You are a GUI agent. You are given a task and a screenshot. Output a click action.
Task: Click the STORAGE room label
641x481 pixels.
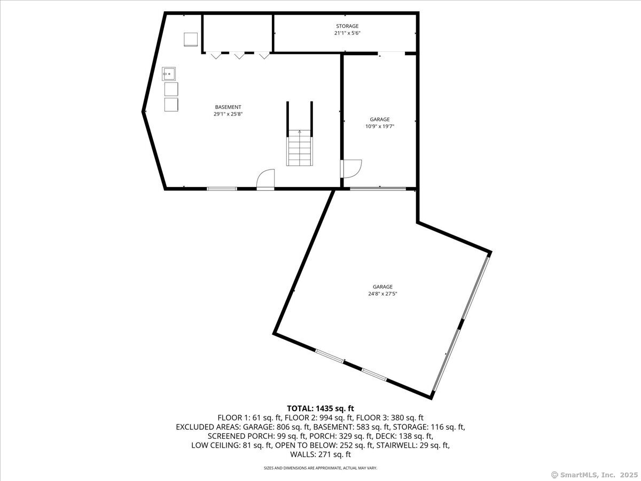(347, 26)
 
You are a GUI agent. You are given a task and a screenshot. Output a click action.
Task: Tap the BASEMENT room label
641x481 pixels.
(228, 107)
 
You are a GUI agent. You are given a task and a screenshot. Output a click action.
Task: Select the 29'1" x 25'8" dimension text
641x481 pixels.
(228, 114)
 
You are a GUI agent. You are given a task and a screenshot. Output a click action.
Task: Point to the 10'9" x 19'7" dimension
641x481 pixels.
(380, 127)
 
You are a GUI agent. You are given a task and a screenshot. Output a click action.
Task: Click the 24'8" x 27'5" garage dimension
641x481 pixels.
(382, 294)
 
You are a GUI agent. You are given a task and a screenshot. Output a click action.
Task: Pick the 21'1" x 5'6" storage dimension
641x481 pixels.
(347, 33)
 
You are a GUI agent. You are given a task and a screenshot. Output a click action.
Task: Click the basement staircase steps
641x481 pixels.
(300, 152)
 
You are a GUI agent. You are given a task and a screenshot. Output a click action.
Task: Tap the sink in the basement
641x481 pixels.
(169, 74)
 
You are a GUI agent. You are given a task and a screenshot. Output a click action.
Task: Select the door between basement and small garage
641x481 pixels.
(351, 168)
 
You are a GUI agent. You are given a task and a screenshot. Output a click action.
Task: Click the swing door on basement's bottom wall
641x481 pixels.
(265, 180)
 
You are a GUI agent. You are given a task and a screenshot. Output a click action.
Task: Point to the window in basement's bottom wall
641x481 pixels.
(222, 189)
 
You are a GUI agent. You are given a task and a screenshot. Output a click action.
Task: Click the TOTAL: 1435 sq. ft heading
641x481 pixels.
(320, 408)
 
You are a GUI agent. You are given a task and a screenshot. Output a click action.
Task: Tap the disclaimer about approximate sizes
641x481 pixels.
(320, 468)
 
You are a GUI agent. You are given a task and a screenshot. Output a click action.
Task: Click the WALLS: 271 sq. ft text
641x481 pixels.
(320, 454)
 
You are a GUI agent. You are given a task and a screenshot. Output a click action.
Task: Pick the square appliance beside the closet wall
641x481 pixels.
(191, 40)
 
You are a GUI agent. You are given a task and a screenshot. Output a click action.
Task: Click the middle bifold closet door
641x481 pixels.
(239, 55)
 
